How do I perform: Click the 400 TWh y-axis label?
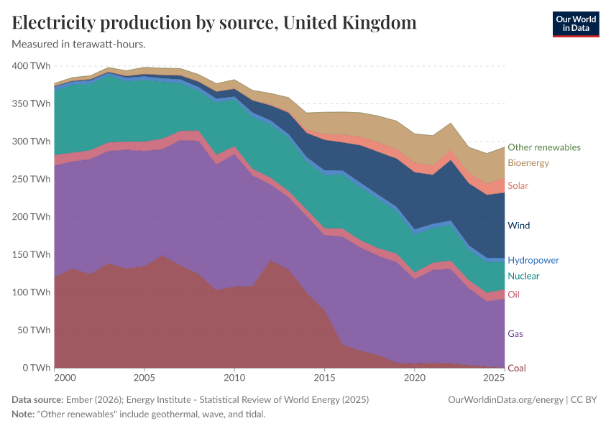tap(31, 66)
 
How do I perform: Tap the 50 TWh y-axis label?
tap(33, 330)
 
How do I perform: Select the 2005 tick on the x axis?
tap(144, 377)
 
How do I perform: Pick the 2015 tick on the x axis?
tap(325, 377)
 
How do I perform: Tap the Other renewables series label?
tap(543, 147)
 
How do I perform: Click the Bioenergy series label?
tap(528, 163)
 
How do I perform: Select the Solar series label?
tap(518, 186)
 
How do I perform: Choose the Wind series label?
tap(518, 226)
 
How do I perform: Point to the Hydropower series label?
tap(533, 260)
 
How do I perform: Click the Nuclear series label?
tap(523, 277)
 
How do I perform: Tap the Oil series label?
tap(513, 295)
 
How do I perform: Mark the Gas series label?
tap(515, 334)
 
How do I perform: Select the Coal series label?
tap(517, 369)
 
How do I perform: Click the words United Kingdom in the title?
tap(350, 23)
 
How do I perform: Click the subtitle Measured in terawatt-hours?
tap(79, 44)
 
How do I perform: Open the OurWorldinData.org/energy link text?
tap(505, 400)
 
